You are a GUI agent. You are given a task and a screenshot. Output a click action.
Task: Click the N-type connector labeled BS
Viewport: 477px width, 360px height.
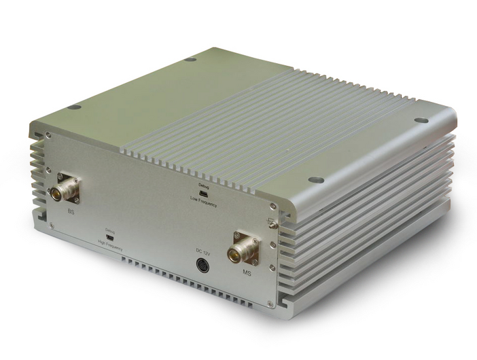tap(65, 188)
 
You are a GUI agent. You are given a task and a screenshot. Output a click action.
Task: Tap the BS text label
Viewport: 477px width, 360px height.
tap(71, 212)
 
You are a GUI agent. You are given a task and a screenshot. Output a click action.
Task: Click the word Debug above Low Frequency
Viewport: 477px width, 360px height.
tap(203, 185)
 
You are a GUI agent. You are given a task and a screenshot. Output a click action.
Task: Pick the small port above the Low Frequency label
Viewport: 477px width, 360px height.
tap(203, 194)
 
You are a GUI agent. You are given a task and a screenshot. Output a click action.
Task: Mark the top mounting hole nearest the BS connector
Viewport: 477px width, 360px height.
tap(74, 107)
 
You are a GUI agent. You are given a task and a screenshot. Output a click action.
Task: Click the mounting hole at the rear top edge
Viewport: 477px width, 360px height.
tap(191, 59)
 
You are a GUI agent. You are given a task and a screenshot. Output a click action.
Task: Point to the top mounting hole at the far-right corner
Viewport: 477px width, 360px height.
tap(421, 120)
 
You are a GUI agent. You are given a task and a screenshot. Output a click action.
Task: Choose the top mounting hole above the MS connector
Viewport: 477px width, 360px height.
tap(315, 180)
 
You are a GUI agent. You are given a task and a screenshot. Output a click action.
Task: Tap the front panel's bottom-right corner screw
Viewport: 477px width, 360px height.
tap(271, 304)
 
